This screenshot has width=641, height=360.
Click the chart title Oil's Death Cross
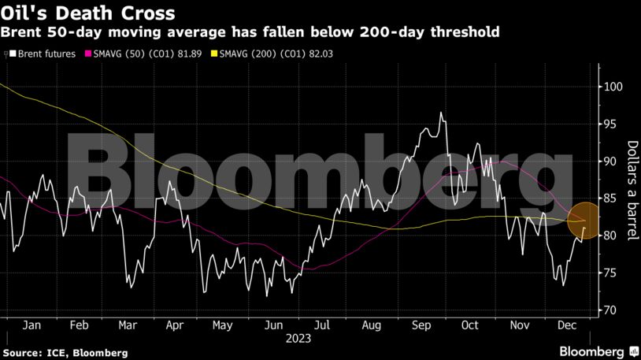pyautogui.click(x=88, y=13)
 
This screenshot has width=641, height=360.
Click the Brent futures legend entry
pyautogui.click(x=43, y=54)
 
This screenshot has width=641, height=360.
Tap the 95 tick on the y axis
pyautogui.click(x=610, y=124)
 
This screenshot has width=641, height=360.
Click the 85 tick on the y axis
pyautogui.click(x=610, y=199)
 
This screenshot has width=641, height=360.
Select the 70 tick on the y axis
pyautogui.click(x=610, y=310)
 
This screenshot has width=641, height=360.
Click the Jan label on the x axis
pyautogui.click(x=31, y=325)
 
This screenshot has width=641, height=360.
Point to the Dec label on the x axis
pyautogui.click(x=567, y=325)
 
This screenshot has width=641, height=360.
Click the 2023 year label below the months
pyautogui.click(x=298, y=339)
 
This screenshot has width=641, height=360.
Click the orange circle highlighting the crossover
pyautogui.click(x=584, y=221)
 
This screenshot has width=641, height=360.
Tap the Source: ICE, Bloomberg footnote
pyautogui.click(x=65, y=353)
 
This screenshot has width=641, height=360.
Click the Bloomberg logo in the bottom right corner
pyautogui.click(x=597, y=351)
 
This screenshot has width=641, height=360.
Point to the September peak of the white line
pyautogui.click(x=441, y=113)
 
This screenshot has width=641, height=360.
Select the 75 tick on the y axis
pyautogui.click(x=610, y=273)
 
